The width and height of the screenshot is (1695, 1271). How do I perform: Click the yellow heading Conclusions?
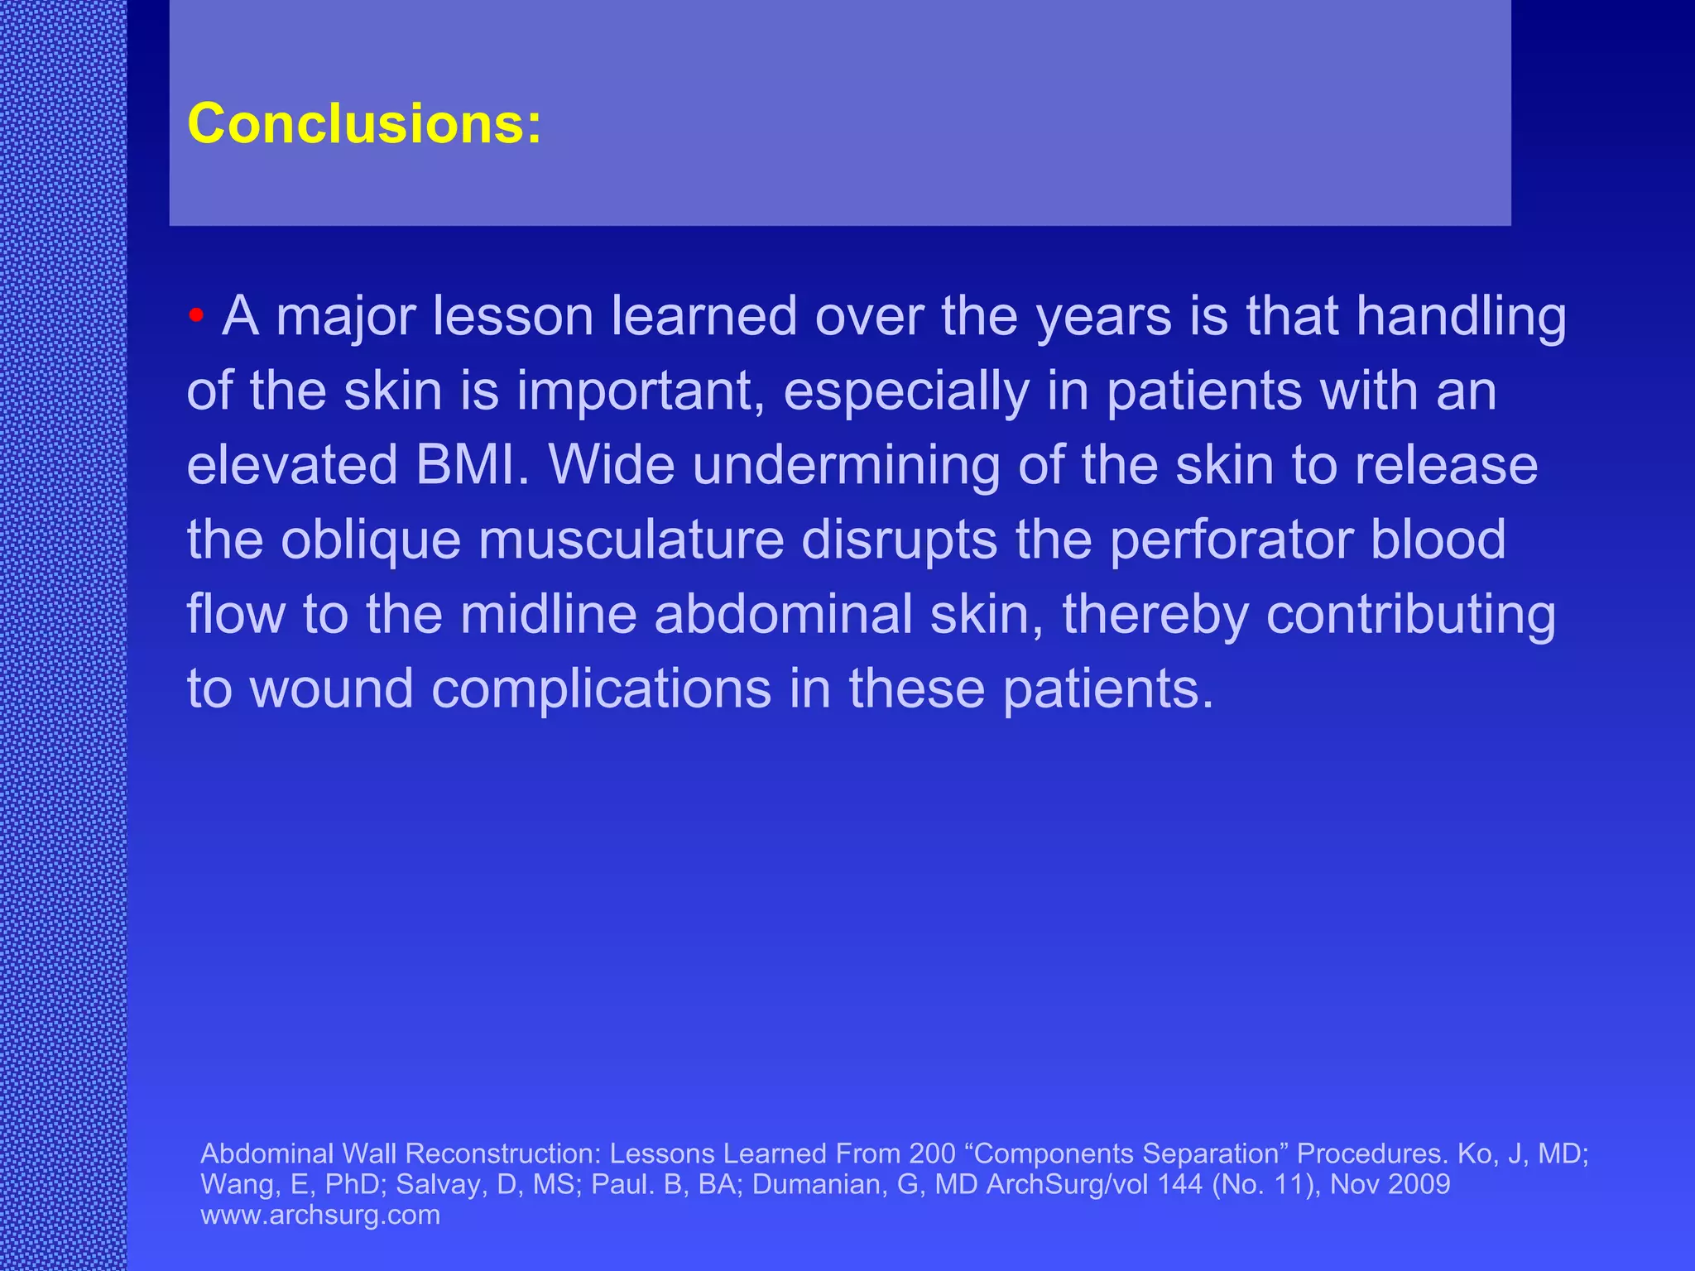tap(364, 124)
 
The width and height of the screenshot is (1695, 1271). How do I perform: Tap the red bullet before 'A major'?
tap(196, 315)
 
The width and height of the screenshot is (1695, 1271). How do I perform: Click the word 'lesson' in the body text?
tap(519, 317)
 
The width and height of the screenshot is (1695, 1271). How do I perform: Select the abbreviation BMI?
tap(472, 466)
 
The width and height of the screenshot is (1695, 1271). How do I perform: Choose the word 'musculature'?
tap(631, 540)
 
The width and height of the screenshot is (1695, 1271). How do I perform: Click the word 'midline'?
tap(548, 615)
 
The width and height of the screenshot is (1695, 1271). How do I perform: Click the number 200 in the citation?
tap(932, 1153)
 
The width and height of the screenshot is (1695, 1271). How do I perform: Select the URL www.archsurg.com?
tap(320, 1215)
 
